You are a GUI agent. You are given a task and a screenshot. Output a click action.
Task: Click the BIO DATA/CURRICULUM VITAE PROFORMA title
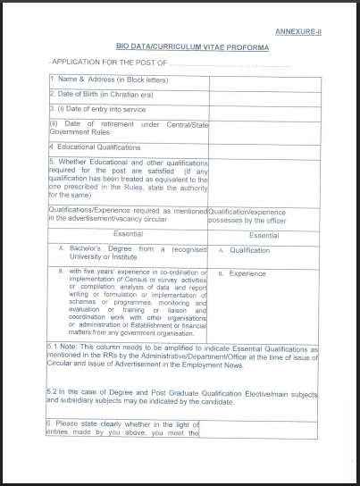192,45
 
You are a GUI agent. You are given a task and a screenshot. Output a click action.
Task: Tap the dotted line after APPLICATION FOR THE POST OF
230,65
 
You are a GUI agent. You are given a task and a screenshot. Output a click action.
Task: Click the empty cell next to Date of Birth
264,95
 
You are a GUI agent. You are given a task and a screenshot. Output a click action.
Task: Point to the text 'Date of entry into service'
96,108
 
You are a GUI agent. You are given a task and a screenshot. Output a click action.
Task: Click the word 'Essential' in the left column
127,234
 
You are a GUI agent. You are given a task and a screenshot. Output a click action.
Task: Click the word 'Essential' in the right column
264,235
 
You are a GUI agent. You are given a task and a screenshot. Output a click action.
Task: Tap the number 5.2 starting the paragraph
54,392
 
